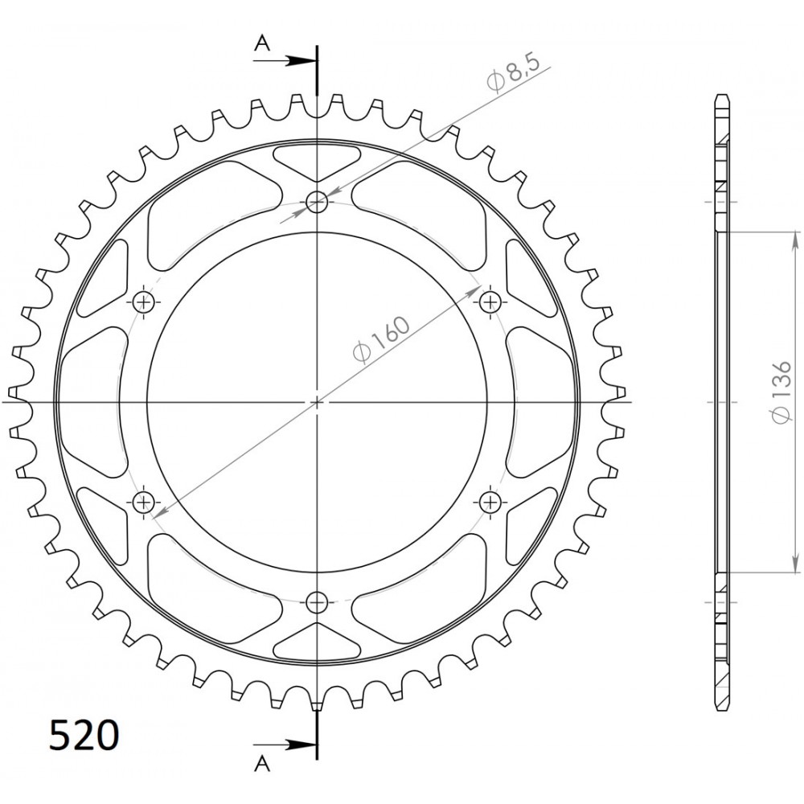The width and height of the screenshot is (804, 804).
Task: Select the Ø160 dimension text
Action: [382, 340]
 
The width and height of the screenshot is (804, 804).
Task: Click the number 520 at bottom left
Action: [84, 736]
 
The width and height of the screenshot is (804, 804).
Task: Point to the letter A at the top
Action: [263, 44]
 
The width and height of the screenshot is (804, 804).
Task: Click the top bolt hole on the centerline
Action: [317, 202]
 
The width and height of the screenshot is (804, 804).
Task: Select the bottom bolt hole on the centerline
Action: [317, 602]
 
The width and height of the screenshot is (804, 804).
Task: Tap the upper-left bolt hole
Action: [144, 302]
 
